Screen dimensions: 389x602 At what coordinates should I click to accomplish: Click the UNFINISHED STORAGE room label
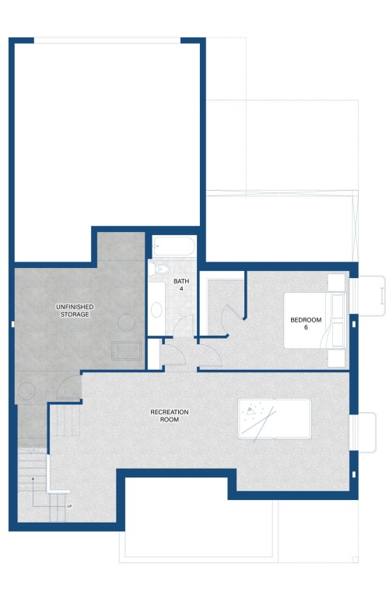(x=75, y=311)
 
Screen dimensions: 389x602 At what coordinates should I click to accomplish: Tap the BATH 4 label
(x=181, y=284)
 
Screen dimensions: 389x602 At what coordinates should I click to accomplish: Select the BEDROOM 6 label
(x=306, y=323)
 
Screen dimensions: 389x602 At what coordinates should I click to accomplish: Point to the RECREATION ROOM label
(x=169, y=416)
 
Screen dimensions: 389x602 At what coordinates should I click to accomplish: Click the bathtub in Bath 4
(x=173, y=246)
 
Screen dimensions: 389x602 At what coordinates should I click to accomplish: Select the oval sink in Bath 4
(x=156, y=310)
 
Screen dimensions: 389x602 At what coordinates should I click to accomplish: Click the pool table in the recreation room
(x=275, y=418)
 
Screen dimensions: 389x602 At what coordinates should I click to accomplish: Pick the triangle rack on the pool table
(x=251, y=410)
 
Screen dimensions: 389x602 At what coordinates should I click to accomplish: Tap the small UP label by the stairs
(x=69, y=506)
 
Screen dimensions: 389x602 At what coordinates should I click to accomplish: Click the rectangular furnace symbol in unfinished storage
(x=126, y=350)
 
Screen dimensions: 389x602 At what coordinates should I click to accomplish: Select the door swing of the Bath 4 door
(x=184, y=326)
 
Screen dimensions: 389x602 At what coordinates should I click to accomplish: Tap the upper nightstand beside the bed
(x=336, y=283)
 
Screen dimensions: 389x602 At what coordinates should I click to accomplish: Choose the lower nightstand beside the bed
(x=336, y=358)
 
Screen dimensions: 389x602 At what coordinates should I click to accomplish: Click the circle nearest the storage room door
(x=27, y=391)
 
